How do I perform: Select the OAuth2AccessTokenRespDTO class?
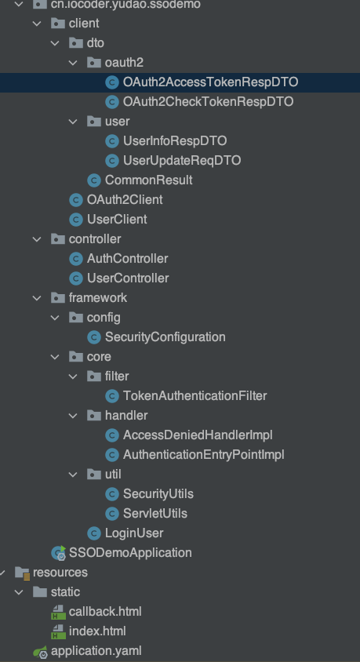coord(210,82)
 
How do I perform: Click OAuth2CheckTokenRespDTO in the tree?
coord(208,101)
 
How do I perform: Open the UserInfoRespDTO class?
coord(174,140)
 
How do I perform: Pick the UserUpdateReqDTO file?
coord(181,160)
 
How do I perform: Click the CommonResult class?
coord(148,180)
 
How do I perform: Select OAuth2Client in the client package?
coord(125,199)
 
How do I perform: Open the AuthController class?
coord(127,258)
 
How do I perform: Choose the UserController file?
coord(128,278)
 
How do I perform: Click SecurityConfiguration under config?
coord(165,336)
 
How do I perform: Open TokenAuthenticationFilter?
coord(195,395)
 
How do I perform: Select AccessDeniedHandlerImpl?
coord(197,435)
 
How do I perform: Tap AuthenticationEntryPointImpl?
coord(203,454)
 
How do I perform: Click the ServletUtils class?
coord(155,513)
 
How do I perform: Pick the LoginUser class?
coord(133,533)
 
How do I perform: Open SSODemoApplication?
coord(130,552)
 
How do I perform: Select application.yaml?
coord(96,650)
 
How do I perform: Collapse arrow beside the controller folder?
coord(37,238)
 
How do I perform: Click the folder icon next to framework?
coord(57,297)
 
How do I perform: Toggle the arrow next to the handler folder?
coord(73,415)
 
